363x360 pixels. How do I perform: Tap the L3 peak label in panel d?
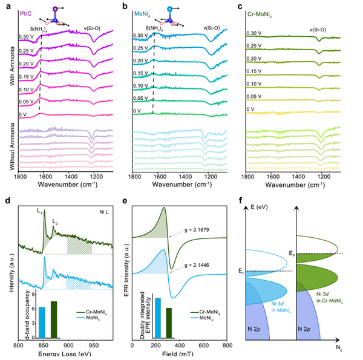tap(39, 209)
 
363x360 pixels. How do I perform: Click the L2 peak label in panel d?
tap(54, 221)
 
